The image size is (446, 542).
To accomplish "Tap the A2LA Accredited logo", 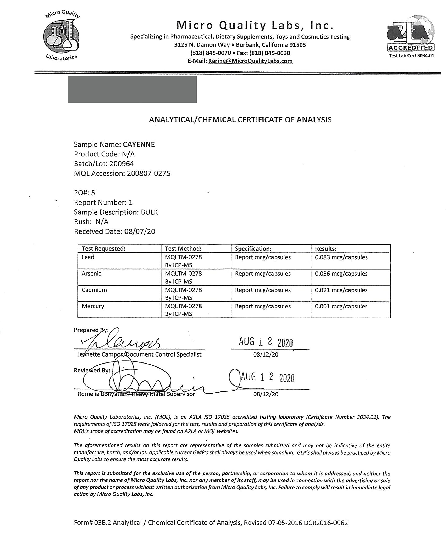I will point(410,34).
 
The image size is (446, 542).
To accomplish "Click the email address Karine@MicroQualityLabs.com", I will point(250,61).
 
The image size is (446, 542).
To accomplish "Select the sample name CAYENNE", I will point(139,144).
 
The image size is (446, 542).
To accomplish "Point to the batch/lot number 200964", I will point(122,164).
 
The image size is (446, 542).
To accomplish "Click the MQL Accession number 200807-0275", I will point(149,173).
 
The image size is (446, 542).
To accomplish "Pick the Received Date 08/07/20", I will point(140,232).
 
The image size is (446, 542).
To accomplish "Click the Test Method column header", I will point(183,249).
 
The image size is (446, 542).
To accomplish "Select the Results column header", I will point(326,249).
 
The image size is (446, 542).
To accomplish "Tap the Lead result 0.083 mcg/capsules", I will point(341,257).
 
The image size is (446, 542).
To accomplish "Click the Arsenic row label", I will point(91,274).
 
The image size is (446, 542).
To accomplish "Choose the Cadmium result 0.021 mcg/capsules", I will point(341,290).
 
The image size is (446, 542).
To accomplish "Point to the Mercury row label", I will point(93,306).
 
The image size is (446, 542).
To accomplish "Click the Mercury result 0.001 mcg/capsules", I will point(341,306).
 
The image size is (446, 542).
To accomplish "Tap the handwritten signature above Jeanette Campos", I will point(121,341).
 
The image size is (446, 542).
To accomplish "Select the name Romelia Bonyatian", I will point(102,394).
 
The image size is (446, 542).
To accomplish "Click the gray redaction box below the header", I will point(132,89).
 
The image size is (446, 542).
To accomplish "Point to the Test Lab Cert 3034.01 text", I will point(411,56).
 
